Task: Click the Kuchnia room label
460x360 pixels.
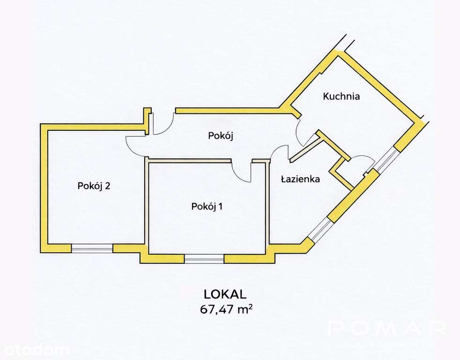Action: pos(341,97)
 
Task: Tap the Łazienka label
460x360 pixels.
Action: pos(300,179)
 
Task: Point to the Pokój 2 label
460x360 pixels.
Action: pos(94,186)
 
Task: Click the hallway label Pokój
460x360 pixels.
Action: pos(221,136)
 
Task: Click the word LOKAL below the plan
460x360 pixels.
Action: pos(225,294)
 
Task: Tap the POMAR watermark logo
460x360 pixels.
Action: pos(386,328)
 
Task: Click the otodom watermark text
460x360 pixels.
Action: pos(35,349)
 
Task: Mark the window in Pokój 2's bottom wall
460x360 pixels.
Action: pos(92,248)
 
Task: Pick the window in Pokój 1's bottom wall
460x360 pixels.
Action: pos(204,258)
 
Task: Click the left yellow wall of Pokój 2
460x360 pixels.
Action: pos(45,187)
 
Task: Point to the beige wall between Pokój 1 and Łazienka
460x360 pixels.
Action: pos(268,202)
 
